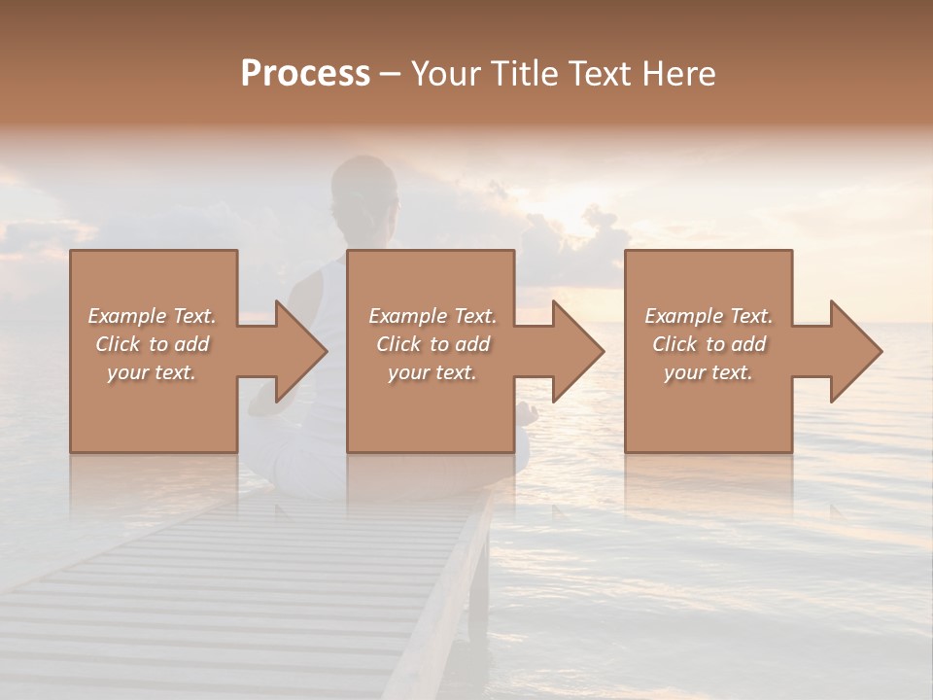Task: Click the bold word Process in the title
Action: coord(305,74)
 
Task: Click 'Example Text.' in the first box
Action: coord(152,316)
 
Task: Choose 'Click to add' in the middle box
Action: coord(432,344)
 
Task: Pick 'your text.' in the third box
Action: coord(708,372)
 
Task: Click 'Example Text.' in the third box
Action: coord(708,316)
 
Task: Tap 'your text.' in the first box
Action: coord(152,372)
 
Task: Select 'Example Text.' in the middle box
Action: coord(432,316)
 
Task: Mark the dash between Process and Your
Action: coord(390,75)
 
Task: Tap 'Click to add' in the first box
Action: coord(152,344)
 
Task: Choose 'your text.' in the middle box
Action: coord(432,372)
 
